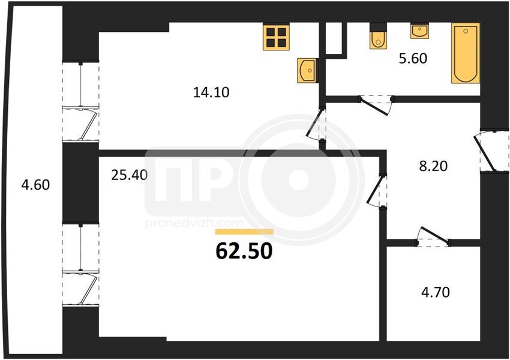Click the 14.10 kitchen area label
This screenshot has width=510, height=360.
(x=211, y=92)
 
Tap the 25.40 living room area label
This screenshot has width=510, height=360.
(x=130, y=175)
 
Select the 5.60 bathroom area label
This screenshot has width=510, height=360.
(x=413, y=59)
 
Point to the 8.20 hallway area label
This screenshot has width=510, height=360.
(x=433, y=166)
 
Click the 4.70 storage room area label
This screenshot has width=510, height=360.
(x=436, y=292)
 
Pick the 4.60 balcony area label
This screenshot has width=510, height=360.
(x=35, y=185)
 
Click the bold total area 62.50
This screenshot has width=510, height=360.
(x=244, y=251)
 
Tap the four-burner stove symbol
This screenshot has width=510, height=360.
(x=276, y=38)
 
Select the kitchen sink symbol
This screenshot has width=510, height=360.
(x=307, y=70)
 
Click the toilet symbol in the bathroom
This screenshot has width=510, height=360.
(x=378, y=37)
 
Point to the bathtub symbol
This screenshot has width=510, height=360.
(x=466, y=53)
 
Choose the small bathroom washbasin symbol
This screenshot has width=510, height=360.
(x=419, y=31)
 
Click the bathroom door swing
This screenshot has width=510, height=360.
(x=376, y=105)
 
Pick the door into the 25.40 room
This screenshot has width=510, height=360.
(x=377, y=191)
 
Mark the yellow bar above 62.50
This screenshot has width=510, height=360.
(x=244, y=232)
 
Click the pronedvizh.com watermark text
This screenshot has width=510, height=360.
(x=194, y=223)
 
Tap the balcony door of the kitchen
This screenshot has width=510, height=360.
(x=80, y=101)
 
